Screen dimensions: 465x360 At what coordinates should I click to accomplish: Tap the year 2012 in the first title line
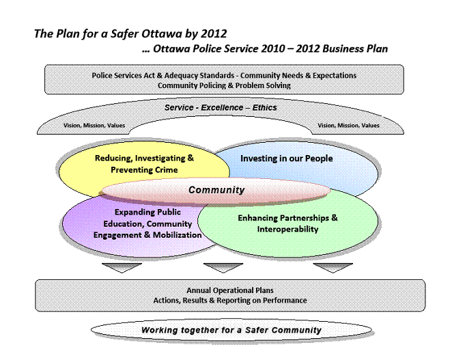(x=214, y=33)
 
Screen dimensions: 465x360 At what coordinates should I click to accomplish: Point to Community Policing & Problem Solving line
(x=224, y=86)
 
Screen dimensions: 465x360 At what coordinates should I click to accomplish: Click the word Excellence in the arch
(x=222, y=107)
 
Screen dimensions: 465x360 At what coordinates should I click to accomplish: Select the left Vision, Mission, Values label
(x=94, y=126)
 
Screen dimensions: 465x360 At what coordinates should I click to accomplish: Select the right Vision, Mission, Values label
(x=348, y=126)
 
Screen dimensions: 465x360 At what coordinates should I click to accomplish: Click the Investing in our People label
(x=287, y=158)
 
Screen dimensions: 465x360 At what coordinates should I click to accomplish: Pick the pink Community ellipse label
(x=216, y=190)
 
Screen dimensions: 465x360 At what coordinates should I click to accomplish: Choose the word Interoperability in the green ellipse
(x=287, y=230)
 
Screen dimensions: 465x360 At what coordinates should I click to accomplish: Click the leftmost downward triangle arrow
(x=122, y=267)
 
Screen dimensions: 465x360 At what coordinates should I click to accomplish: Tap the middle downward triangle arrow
(x=223, y=267)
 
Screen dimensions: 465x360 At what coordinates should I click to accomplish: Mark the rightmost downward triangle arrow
(x=333, y=267)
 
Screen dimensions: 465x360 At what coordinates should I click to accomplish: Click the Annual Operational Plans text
(x=230, y=290)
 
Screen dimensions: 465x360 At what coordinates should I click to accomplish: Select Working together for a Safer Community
(x=231, y=330)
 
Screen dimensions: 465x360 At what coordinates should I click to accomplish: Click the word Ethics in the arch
(x=264, y=107)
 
